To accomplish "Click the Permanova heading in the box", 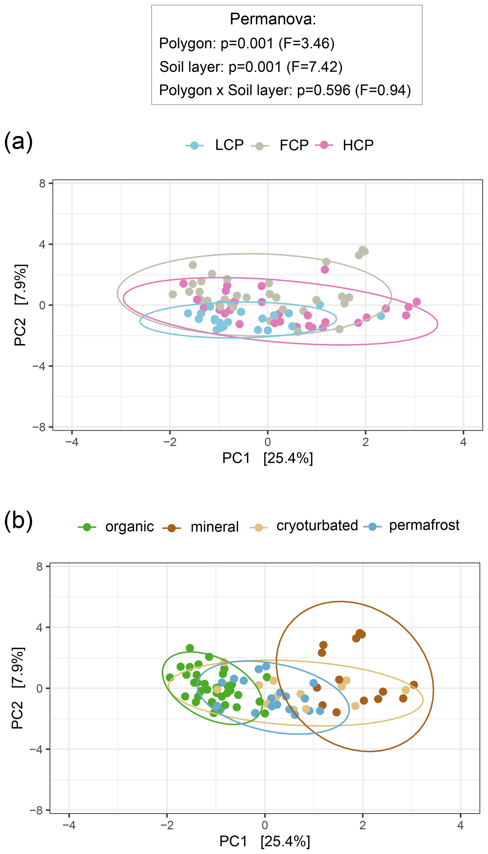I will (x=273, y=19).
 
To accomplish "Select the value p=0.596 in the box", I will (x=324, y=90).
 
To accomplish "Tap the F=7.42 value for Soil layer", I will (x=315, y=67).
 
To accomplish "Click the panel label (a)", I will (x=18, y=141).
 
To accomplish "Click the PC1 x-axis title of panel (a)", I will (x=267, y=458).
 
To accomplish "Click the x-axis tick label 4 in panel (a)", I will (x=463, y=442).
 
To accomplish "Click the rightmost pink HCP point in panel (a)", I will (x=417, y=302).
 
